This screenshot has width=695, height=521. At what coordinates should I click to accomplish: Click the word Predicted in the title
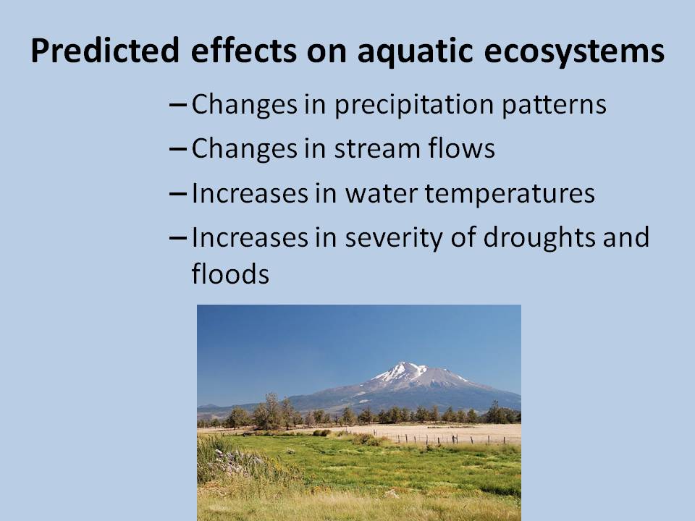click(x=105, y=50)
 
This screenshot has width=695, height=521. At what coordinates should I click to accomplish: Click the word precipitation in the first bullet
click(x=414, y=105)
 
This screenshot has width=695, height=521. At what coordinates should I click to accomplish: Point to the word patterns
click(x=554, y=105)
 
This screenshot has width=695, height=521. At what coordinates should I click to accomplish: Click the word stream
click(x=376, y=148)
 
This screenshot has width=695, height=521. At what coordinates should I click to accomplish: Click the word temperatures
click(x=510, y=195)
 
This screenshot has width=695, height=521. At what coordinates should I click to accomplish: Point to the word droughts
click(x=539, y=238)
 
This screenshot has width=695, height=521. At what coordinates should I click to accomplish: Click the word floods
click(x=230, y=274)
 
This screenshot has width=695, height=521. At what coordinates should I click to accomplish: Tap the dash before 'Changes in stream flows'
click(x=178, y=149)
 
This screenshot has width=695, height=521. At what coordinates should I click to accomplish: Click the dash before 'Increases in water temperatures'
click(x=178, y=194)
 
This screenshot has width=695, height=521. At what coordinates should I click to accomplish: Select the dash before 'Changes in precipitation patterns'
click(x=178, y=105)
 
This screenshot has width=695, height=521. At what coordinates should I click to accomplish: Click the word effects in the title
click(x=243, y=50)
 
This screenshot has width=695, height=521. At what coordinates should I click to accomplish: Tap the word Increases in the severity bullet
click(x=250, y=237)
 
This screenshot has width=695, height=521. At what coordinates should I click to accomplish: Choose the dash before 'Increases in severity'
click(x=178, y=238)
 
